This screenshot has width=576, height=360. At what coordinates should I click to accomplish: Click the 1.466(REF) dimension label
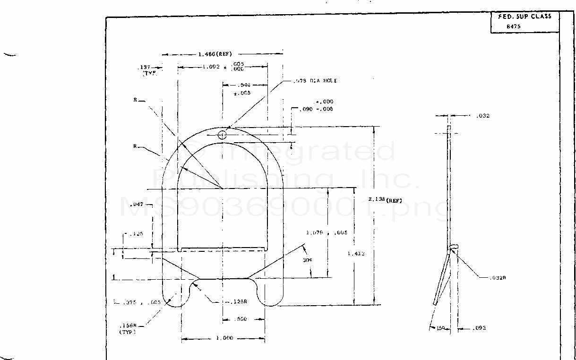[x=215, y=54]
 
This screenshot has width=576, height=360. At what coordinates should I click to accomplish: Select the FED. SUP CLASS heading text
[x=524, y=17]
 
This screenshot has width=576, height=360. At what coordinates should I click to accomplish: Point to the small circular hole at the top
[x=223, y=135]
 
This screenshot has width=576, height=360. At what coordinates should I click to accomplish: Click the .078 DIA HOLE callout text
[x=318, y=81]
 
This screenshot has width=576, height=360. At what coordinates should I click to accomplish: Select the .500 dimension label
[x=241, y=319]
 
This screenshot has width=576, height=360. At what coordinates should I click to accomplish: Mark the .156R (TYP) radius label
[x=128, y=328]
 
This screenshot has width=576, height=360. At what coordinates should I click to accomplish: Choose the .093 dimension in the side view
[x=479, y=328]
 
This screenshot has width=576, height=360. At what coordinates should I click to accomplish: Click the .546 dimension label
[x=244, y=85]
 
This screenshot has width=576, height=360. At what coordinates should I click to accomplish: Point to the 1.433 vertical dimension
[x=356, y=254]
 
